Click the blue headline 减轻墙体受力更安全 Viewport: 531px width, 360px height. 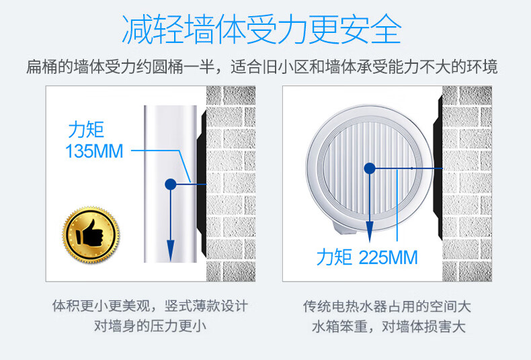point(261,30)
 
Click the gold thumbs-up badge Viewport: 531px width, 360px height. point(91,235)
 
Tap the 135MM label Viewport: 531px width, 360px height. point(94,151)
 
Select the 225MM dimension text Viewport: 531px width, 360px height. point(388,257)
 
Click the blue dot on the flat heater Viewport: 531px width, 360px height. point(171,184)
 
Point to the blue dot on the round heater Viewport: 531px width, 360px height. point(370,168)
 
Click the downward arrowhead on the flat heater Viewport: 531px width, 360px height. point(171,251)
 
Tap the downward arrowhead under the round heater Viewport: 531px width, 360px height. point(370,232)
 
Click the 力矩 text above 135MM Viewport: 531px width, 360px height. point(86,130)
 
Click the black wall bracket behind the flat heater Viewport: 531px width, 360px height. point(202,183)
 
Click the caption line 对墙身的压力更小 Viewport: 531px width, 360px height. point(150,326)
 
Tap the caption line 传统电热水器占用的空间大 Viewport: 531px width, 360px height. point(386,306)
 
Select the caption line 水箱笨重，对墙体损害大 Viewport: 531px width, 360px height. point(389,326)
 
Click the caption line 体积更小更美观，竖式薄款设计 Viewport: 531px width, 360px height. point(150,306)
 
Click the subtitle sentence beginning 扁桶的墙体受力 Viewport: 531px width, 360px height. point(261,66)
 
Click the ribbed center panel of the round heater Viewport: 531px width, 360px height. point(370,167)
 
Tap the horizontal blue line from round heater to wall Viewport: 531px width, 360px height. point(406,168)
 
